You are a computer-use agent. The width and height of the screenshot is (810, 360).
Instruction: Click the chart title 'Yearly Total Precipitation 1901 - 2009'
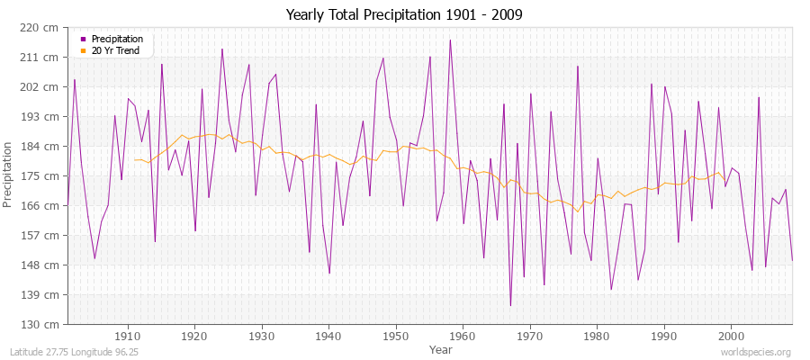click(x=404, y=15)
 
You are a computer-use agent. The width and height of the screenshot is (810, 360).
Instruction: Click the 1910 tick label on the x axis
click(x=128, y=336)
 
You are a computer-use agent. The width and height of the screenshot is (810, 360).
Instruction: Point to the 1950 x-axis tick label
click(x=396, y=336)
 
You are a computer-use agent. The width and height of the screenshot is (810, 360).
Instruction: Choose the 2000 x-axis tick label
click(x=731, y=336)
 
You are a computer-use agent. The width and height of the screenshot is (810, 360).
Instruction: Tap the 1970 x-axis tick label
click(x=530, y=336)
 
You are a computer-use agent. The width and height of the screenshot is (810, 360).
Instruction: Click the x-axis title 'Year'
click(x=441, y=348)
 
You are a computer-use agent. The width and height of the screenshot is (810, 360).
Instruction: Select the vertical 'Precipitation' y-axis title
click(x=8, y=175)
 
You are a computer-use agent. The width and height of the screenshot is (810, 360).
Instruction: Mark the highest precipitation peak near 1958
click(x=450, y=40)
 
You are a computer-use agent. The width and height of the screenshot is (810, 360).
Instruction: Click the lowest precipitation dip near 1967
click(x=510, y=306)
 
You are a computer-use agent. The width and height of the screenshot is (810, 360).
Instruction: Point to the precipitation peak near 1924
click(x=222, y=49)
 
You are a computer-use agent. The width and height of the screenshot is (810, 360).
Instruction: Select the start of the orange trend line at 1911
click(x=135, y=160)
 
